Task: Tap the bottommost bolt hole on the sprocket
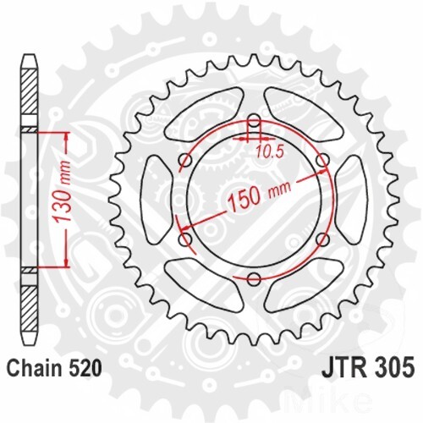254,278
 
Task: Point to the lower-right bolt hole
321,240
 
